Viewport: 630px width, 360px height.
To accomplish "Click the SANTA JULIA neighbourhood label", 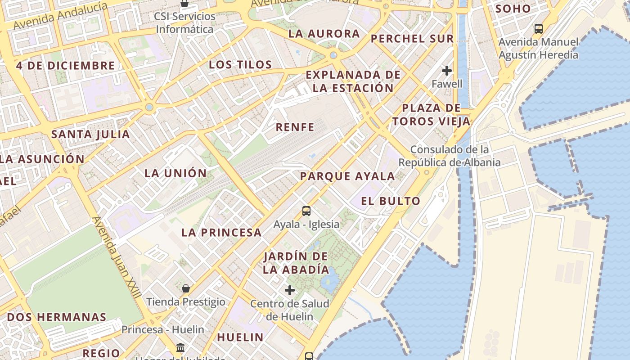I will [90, 134].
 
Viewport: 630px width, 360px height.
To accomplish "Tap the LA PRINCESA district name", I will [221, 233].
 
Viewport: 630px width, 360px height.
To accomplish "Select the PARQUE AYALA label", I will [347, 176].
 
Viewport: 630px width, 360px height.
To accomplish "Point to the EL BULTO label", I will [391, 201].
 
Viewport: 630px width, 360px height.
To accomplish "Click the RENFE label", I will [295, 127].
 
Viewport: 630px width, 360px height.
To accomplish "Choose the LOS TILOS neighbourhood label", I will [240, 65].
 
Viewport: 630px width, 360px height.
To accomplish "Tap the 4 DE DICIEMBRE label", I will [66, 66].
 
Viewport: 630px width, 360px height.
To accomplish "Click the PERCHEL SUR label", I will [412, 39].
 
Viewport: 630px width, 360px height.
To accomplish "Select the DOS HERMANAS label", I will [57, 317].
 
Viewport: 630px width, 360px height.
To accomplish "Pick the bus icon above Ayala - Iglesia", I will [306, 211].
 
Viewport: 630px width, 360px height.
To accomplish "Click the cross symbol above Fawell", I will [446, 71].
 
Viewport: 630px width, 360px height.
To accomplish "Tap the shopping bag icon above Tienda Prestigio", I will [185, 288].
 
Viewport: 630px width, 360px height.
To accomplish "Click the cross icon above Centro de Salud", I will [290, 290].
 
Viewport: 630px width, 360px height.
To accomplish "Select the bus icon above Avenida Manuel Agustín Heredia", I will [538, 29].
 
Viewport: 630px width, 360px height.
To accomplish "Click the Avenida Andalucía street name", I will [61, 15].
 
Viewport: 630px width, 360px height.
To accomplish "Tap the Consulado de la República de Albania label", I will [450, 156].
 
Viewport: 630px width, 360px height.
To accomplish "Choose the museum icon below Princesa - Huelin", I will [180, 347].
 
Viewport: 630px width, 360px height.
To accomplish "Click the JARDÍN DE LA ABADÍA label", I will [296, 263].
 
